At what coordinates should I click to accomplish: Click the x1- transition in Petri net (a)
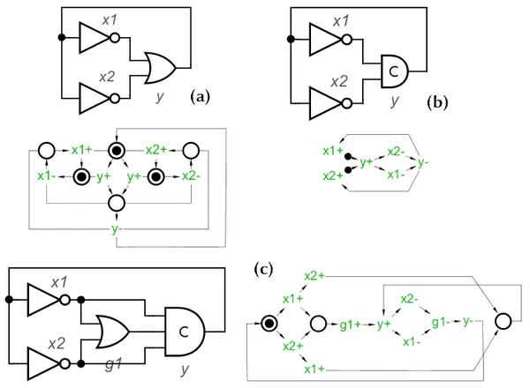46,177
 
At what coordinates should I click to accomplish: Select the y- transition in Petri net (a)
116,231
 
